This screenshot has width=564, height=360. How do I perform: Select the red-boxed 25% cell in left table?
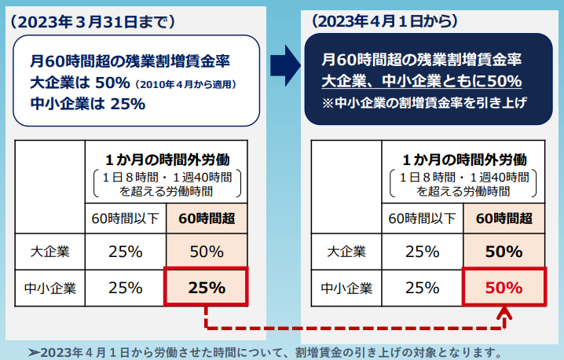pyautogui.click(x=206, y=288)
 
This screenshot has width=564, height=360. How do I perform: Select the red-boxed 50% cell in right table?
pyautogui.click(x=504, y=288)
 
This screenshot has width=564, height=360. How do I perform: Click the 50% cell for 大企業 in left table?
pyautogui.click(x=207, y=252)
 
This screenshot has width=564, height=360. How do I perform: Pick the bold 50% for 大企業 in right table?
pyautogui.click(x=504, y=252)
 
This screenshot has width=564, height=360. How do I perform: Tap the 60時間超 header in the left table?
pyautogui.click(x=207, y=219)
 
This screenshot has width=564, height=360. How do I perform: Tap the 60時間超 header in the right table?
pyautogui.click(x=504, y=219)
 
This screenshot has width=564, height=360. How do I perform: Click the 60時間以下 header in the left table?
pyautogui.click(x=125, y=219)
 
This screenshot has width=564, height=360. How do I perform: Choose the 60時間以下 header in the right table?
pyautogui.click(x=423, y=219)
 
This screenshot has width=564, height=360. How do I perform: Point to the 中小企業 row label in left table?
pyautogui.click(x=49, y=288)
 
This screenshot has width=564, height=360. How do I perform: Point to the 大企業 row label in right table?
pyautogui.click(x=346, y=252)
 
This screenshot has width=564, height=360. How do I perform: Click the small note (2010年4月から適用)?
pyautogui.click(x=185, y=83)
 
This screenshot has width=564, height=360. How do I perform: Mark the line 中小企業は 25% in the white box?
pyautogui.click(x=87, y=102)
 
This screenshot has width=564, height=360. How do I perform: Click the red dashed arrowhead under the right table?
pyautogui.click(x=504, y=316)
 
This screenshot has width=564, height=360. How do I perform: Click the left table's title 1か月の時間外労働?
pyautogui.click(x=167, y=159)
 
